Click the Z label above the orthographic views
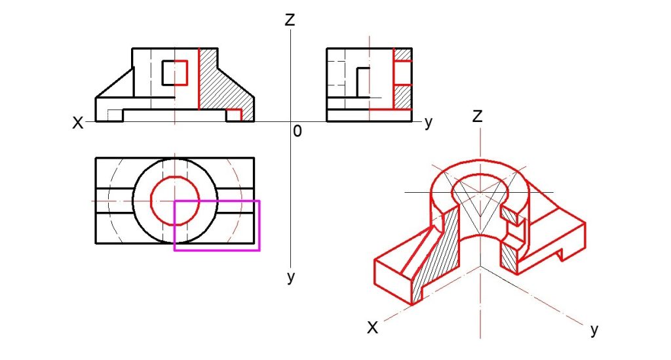coord(290,20)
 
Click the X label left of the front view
coord(77,123)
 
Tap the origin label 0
coord(297,131)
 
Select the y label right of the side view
coord(429,123)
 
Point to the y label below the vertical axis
coord(291,277)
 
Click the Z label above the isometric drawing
coord(477,116)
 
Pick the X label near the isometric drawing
coord(373,329)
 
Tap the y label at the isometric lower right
coord(594,330)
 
